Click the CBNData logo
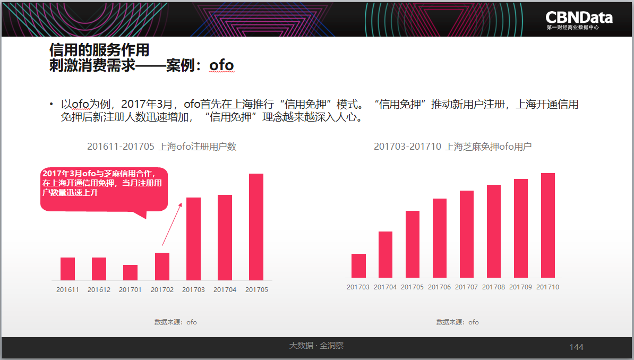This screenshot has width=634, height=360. (x=579, y=20)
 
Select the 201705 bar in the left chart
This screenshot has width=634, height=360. (x=256, y=227)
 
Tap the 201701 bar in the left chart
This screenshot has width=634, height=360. (x=130, y=272)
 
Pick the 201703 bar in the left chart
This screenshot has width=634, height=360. (x=193, y=239)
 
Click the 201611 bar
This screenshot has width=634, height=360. (x=67, y=269)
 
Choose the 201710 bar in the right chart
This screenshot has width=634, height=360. (x=548, y=225)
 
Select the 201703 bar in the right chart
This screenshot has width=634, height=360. (x=358, y=266)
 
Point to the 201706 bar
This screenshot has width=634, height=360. (x=440, y=238)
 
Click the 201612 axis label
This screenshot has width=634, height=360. (x=99, y=289)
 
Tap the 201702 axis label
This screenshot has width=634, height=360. (x=162, y=289)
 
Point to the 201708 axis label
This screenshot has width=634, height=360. (x=494, y=287)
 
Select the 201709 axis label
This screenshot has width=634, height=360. (x=521, y=287)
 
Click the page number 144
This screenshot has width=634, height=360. (x=576, y=347)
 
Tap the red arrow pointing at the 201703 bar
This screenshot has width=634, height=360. (x=172, y=224)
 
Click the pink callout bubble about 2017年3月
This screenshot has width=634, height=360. (x=104, y=190)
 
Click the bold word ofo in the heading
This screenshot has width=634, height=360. (x=221, y=65)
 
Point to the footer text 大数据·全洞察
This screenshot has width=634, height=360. (x=316, y=346)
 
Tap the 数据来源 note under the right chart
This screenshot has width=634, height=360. (x=457, y=322)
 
